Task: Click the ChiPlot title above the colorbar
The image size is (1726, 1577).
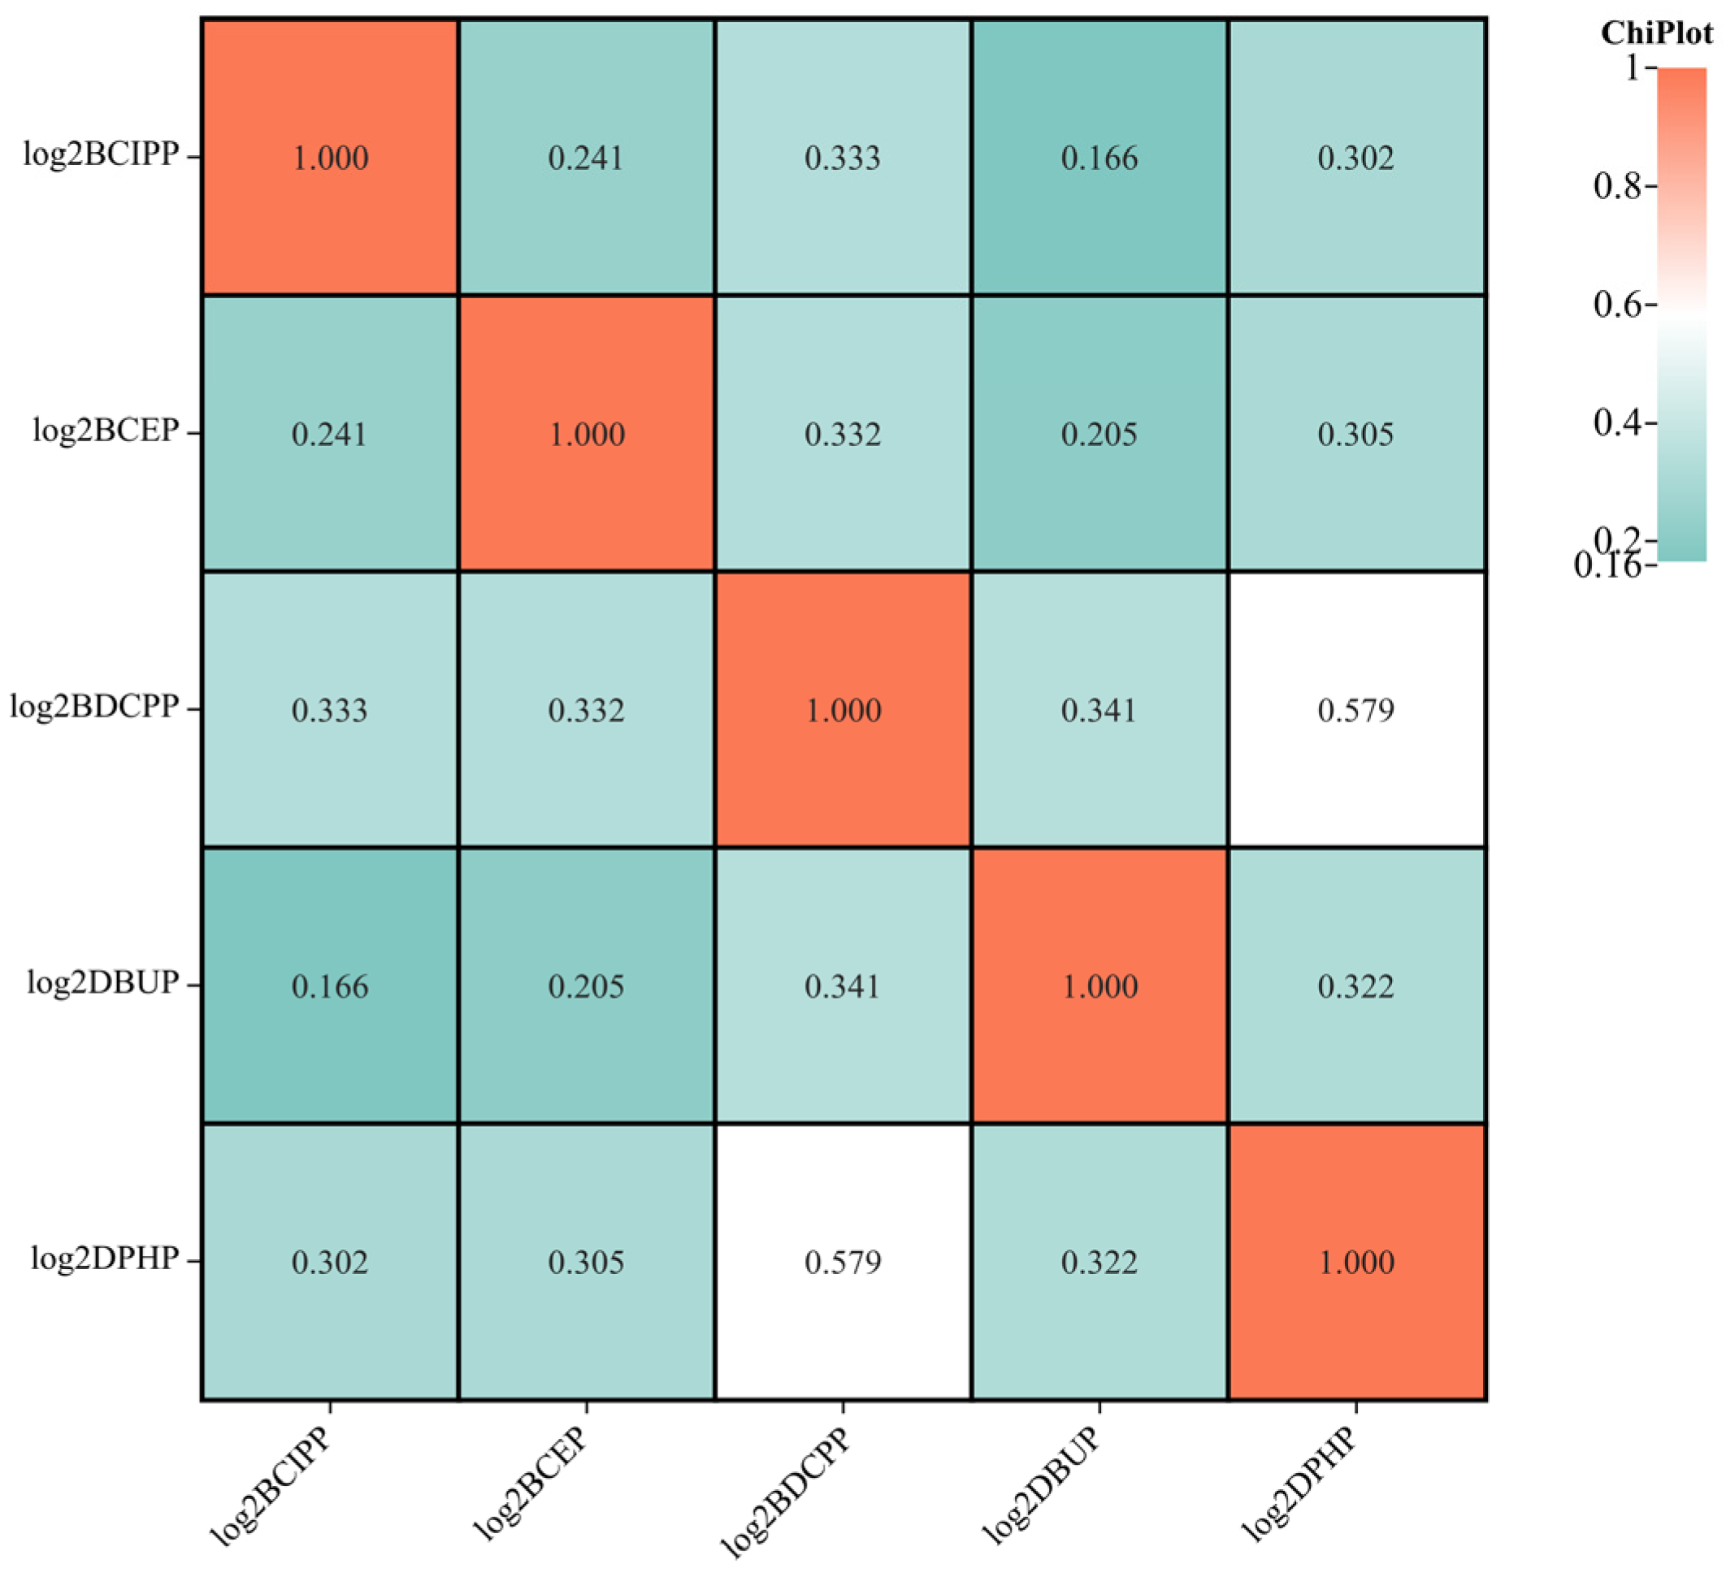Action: [x=1656, y=33]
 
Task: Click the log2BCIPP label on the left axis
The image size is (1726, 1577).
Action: [x=101, y=156]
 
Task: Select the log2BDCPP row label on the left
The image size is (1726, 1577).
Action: [x=94, y=708]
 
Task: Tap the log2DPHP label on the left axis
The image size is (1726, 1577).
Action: [x=105, y=1259]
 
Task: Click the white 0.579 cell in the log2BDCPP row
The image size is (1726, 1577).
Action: [x=1356, y=710]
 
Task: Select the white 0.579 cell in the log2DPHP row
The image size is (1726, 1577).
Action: [x=843, y=1262]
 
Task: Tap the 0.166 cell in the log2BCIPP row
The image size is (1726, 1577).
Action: [x=1099, y=158]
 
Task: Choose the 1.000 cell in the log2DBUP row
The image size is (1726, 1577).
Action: [x=1099, y=986]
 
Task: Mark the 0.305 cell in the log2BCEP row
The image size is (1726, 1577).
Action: [x=1356, y=434]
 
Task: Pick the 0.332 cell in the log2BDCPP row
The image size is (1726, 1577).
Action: [x=587, y=710]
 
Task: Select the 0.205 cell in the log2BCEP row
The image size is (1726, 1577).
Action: [x=1099, y=434]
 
